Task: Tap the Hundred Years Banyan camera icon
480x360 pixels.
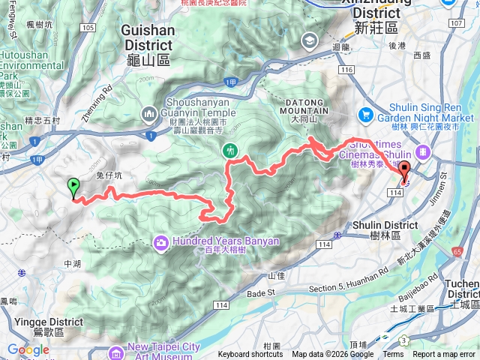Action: (x=161, y=241)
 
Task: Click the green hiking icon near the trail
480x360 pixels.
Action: (x=231, y=149)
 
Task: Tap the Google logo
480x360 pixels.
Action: (x=28, y=349)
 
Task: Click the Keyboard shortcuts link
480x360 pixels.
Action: (x=250, y=355)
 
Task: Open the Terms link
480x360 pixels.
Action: (x=393, y=355)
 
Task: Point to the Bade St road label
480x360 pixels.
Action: (x=262, y=294)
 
